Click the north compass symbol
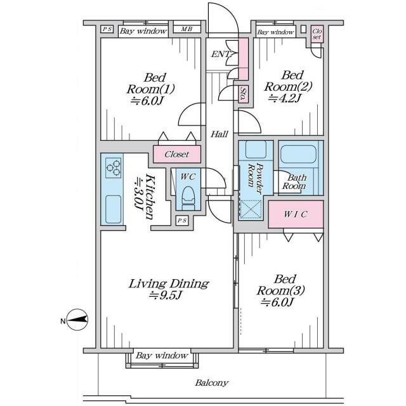point(77,320)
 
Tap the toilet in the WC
point(188,198)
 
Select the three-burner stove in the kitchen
point(114,167)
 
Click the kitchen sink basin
point(114,209)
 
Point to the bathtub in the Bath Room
point(298,154)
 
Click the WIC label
point(296,214)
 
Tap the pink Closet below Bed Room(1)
point(177,154)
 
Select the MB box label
point(187,29)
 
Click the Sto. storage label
point(243,94)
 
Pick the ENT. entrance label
point(221,55)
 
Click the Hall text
point(219,134)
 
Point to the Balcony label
point(212,383)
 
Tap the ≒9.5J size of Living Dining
point(165,296)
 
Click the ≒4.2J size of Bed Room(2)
point(285,98)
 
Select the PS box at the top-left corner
point(107,29)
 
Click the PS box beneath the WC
point(182,221)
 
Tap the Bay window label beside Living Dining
point(162,356)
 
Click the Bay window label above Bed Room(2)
point(275,32)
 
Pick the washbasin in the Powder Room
point(256,150)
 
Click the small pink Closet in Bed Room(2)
point(317,34)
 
